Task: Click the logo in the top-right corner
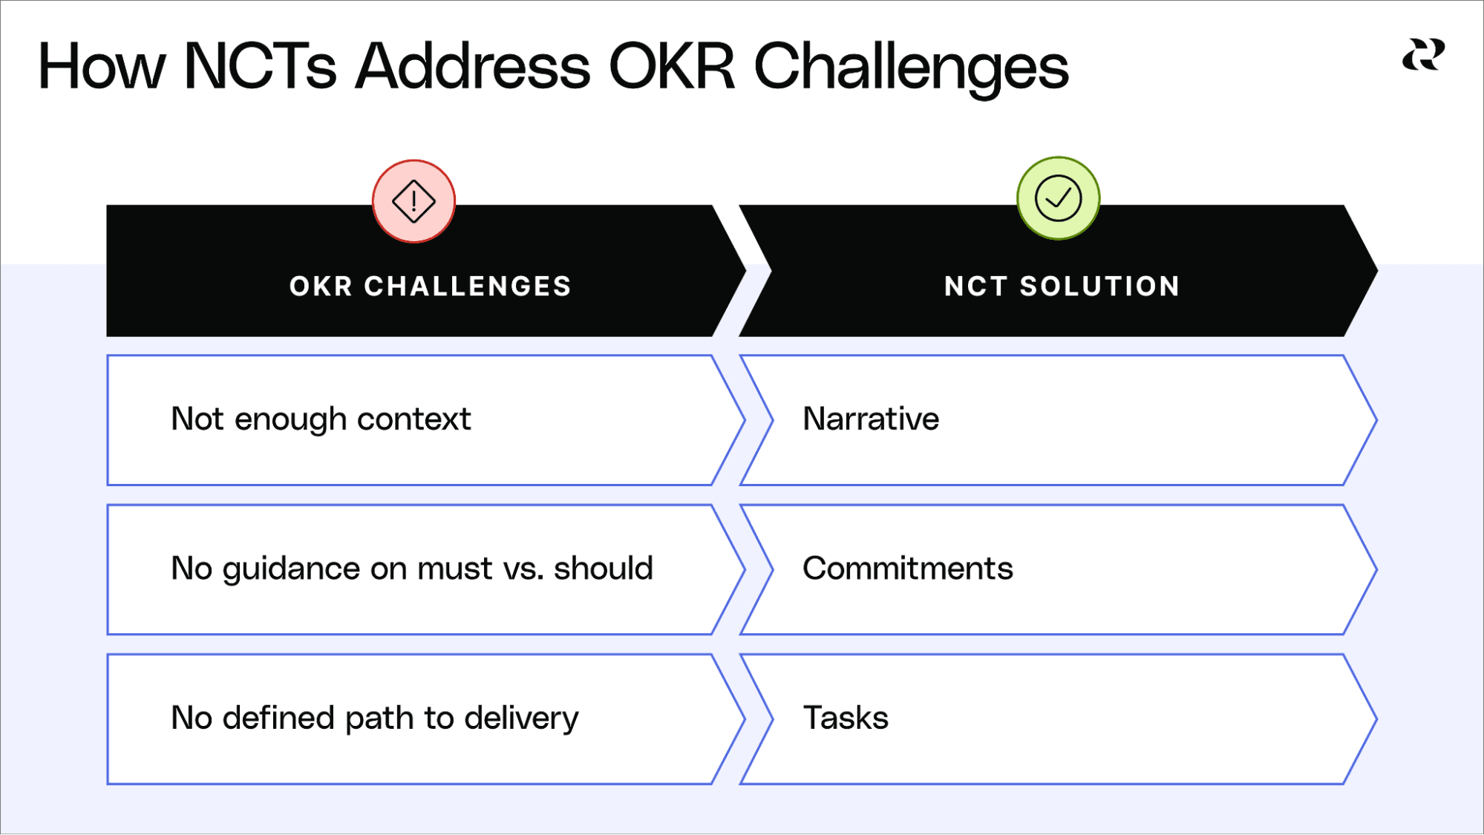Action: (x=1423, y=56)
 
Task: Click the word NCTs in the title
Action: (x=260, y=67)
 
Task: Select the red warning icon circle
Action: (x=414, y=201)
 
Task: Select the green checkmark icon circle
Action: (x=1058, y=198)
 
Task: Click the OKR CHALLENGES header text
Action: (x=431, y=286)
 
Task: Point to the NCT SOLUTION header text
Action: (x=1062, y=286)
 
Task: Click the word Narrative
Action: (x=871, y=419)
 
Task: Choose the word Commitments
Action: (x=907, y=569)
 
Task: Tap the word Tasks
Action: (x=846, y=718)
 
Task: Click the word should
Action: (x=603, y=569)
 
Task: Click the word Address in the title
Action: (x=472, y=67)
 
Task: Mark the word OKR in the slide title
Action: (x=672, y=67)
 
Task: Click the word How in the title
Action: (x=102, y=67)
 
